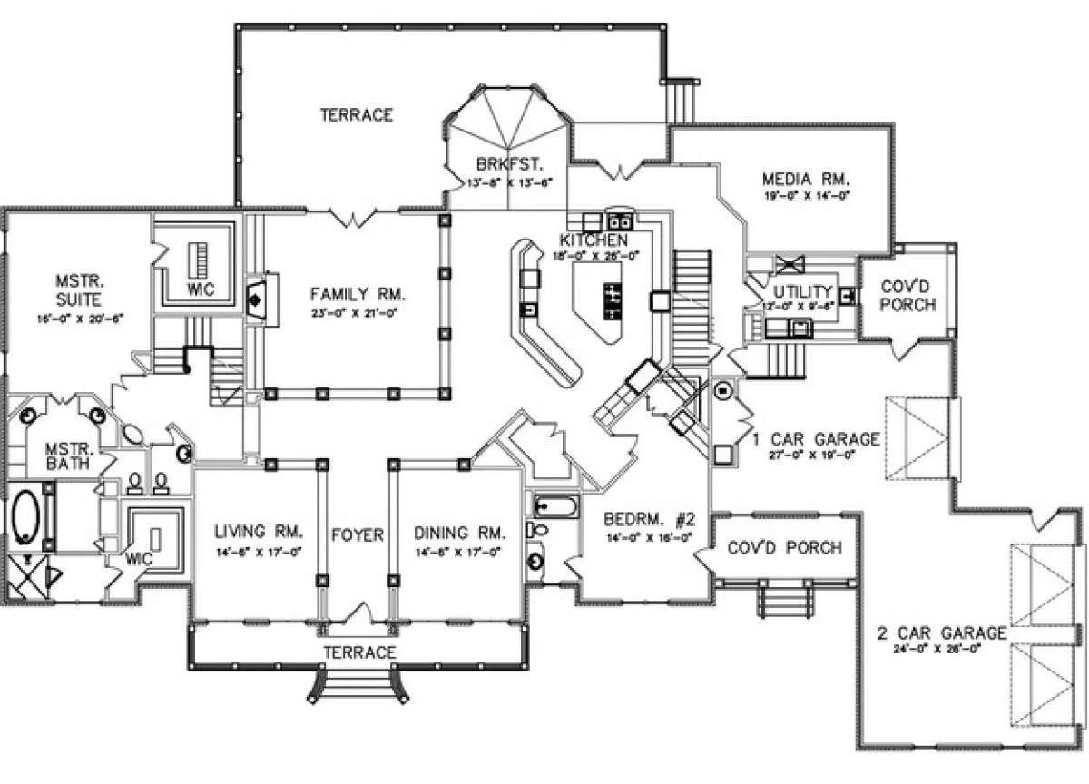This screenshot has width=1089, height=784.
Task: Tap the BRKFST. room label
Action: click(509, 164)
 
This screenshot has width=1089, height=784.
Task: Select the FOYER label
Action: click(357, 534)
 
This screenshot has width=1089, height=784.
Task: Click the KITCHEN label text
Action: click(594, 240)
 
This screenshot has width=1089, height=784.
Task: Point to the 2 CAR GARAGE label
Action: click(941, 632)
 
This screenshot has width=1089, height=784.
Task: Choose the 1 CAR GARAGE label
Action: click(816, 440)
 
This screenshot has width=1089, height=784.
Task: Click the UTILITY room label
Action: click(802, 291)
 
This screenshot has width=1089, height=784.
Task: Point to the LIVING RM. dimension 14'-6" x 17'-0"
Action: click(258, 550)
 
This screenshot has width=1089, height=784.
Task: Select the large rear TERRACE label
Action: click(357, 115)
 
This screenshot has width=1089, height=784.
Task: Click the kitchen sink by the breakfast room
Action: click(620, 220)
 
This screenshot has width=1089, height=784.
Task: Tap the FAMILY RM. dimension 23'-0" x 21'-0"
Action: click(357, 312)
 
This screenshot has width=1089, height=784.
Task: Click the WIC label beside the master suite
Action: click(200, 289)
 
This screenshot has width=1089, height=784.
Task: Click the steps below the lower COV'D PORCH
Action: click(782, 601)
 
